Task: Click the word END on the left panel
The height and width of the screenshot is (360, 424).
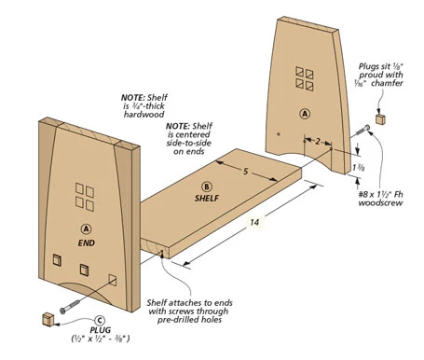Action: (87, 242)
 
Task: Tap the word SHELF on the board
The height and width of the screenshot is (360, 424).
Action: (207, 198)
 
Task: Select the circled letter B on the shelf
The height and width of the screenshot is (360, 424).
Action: (207, 187)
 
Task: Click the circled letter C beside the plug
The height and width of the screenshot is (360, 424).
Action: (100, 321)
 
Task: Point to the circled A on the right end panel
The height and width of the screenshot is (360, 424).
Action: (305, 114)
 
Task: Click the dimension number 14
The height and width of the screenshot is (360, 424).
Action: (254, 222)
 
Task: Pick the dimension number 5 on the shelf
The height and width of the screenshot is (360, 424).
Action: (245, 172)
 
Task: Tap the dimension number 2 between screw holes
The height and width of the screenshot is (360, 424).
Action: (318, 142)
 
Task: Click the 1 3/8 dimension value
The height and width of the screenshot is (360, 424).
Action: (359, 168)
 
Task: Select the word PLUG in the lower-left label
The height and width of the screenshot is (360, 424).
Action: (101, 330)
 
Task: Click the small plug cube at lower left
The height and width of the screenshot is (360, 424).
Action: (48, 320)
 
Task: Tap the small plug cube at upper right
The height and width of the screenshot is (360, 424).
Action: (380, 119)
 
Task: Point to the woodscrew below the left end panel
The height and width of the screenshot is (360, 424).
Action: (72, 305)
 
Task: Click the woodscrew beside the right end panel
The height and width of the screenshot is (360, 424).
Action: (361, 131)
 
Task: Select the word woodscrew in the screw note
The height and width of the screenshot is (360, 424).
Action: (380, 203)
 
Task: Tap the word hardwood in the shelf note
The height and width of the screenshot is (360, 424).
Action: (144, 115)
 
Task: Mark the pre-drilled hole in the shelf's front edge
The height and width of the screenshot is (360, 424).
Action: (161, 254)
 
